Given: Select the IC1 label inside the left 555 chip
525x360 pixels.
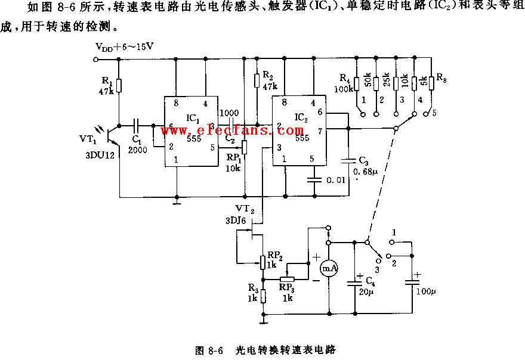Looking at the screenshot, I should click(192, 118).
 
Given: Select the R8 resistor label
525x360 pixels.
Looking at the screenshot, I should click(442, 77).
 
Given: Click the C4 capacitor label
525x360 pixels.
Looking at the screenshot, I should click(370, 280).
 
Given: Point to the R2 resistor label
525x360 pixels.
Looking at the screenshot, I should click(267, 77).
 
